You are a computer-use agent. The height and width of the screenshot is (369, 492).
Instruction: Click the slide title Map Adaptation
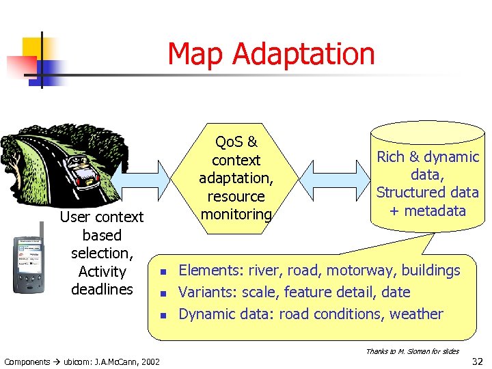pyautogui.click(x=271, y=54)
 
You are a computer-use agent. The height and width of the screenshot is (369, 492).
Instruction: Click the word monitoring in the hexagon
pyautogui.click(x=236, y=215)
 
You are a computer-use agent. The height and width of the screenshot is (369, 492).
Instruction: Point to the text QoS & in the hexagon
pyautogui.click(x=236, y=142)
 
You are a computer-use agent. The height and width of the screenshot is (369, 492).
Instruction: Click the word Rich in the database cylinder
pyautogui.click(x=391, y=157)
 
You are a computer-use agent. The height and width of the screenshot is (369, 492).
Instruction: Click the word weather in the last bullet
pyautogui.click(x=416, y=314)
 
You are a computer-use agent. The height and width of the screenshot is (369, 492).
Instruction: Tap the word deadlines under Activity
pyautogui.click(x=102, y=290)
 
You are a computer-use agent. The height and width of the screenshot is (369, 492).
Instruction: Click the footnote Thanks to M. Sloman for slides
pyautogui.click(x=412, y=351)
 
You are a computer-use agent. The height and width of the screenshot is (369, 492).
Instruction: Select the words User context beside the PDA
pyautogui.click(x=102, y=217)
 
